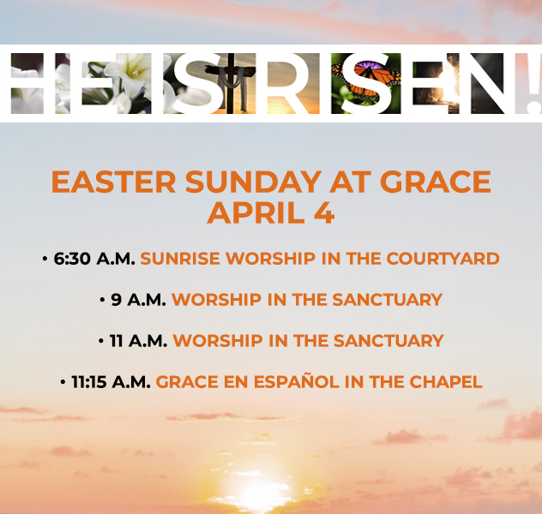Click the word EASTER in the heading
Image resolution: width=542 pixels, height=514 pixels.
(x=114, y=182)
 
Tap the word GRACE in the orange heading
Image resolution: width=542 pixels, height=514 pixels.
(x=436, y=182)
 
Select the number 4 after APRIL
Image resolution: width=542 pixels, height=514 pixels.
(x=324, y=213)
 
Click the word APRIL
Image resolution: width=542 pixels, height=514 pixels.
(x=256, y=213)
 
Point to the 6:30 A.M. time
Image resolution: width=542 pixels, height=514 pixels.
(x=94, y=259)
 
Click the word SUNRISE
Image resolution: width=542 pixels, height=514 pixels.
(x=180, y=259)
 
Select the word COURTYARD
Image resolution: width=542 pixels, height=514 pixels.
(x=443, y=259)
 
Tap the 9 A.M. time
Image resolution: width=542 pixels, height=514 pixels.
(x=138, y=300)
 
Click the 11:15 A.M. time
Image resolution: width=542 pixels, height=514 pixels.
(x=111, y=382)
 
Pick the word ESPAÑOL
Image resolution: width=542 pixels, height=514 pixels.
(x=297, y=381)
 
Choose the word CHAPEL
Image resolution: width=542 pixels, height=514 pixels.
(x=446, y=382)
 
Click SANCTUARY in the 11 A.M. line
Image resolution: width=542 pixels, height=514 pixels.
(x=388, y=341)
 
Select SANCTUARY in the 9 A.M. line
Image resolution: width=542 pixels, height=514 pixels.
(x=387, y=300)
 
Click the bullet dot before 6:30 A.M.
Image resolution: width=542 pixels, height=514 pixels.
(x=45, y=259)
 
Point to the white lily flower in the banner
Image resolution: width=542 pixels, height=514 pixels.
(x=129, y=73)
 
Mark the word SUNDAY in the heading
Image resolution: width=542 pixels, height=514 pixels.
(x=253, y=182)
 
